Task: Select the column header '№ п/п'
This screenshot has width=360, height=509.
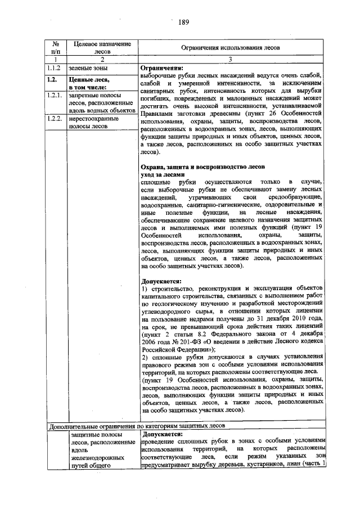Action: (56, 48)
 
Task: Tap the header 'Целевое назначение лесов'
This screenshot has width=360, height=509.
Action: (99, 48)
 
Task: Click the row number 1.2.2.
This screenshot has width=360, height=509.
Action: (56, 119)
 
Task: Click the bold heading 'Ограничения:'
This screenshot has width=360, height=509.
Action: (163, 68)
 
